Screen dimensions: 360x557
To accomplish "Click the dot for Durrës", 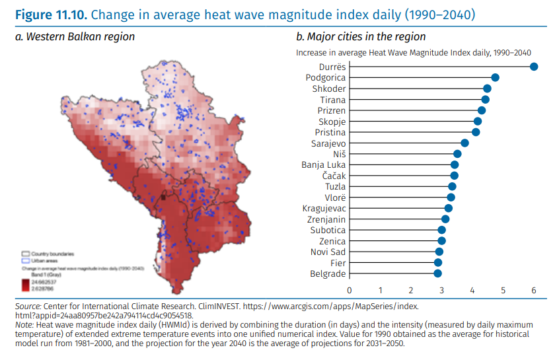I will (x=534, y=67).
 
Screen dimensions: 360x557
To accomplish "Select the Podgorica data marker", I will (x=495, y=78).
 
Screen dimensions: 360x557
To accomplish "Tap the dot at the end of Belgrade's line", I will (x=437, y=273).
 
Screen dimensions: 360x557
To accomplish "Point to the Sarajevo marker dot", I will (x=464, y=143).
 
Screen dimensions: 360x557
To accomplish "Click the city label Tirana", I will (x=333, y=100).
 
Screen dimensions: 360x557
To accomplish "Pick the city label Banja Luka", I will (x=323, y=165).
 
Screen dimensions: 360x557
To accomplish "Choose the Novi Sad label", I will (x=328, y=252).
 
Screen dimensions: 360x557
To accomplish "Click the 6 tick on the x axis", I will (x=534, y=290).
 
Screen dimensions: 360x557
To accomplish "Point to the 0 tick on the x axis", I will (x=350, y=290).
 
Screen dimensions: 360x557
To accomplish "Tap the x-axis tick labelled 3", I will (x=441, y=290).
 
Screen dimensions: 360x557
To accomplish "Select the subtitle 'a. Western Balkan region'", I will (x=75, y=37).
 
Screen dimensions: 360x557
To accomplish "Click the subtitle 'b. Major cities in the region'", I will (x=361, y=37).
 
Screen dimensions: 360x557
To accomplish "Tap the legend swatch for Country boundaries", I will (x=26, y=253).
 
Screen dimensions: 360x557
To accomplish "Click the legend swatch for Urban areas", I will (x=26, y=260).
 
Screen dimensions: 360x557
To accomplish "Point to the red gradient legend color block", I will (x=26, y=285).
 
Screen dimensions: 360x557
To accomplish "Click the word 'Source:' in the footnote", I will (x=27, y=307).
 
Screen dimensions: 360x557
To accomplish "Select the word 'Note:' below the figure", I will (x=24, y=326).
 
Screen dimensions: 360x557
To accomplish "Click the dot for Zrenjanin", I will (x=445, y=219).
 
